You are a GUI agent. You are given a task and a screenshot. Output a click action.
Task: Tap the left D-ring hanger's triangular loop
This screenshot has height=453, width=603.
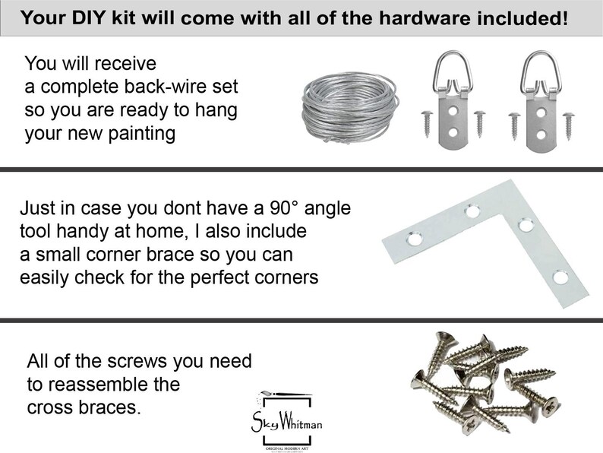point(448,69)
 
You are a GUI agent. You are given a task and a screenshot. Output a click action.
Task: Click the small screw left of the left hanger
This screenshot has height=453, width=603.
point(426,121)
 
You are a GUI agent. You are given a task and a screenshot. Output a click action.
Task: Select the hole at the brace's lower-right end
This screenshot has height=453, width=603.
point(560,277)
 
